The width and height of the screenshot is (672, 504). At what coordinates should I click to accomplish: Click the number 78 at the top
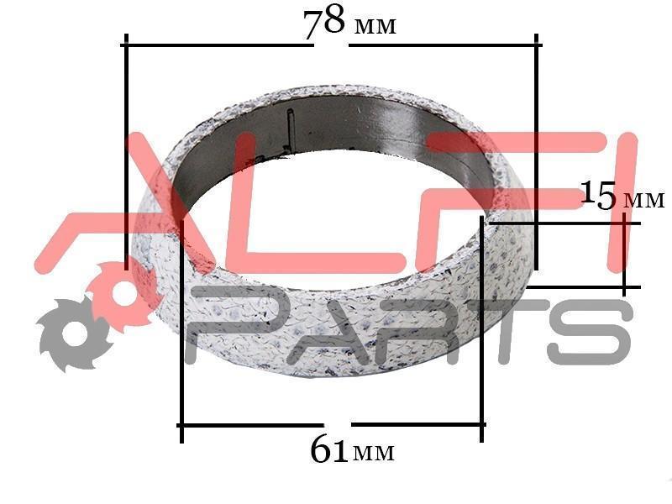(x=323, y=23)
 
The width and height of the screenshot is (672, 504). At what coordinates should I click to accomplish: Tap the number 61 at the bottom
(x=328, y=449)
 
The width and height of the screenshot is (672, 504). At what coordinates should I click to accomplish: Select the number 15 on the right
(x=598, y=196)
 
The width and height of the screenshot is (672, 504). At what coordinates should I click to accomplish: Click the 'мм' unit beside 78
(x=375, y=27)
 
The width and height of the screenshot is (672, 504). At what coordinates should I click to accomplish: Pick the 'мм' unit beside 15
(x=644, y=200)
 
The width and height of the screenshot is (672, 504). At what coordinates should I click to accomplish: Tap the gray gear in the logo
(x=73, y=333)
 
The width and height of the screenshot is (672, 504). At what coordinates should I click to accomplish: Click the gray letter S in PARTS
(x=590, y=331)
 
